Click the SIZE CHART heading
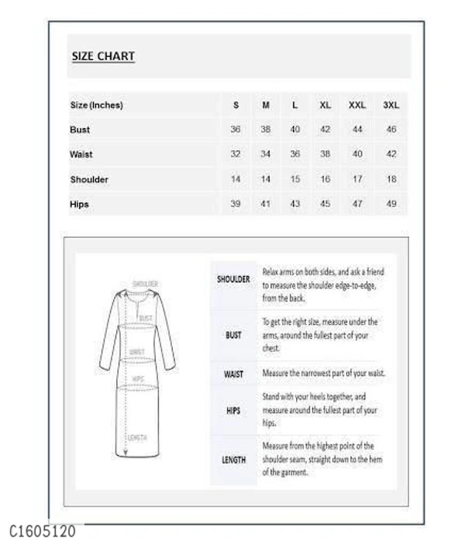(103, 57)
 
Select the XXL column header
(357, 105)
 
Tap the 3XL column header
(391, 105)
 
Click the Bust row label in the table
(80, 130)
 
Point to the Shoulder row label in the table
(89, 180)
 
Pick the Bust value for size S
(236, 129)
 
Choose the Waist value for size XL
(325, 154)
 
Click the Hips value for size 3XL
(391, 204)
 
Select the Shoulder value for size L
(294, 179)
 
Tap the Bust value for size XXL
(357, 129)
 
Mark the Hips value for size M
(265, 204)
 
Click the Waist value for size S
(236, 154)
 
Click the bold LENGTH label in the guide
(233, 460)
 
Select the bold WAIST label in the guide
(233, 374)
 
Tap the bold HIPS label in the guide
(233, 411)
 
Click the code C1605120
(43, 532)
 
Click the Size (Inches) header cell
(97, 105)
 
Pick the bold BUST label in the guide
(233, 336)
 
